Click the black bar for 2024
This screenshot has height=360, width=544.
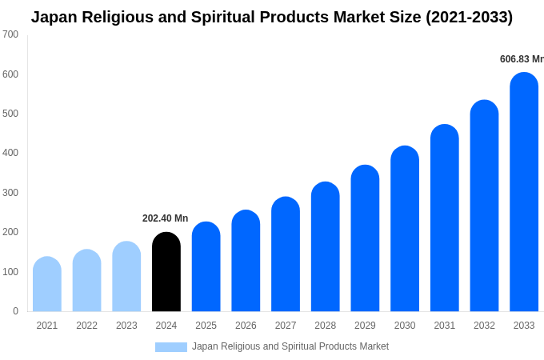[166, 272]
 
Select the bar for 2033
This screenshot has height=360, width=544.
[524, 192]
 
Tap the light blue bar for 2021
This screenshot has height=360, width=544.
[47, 284]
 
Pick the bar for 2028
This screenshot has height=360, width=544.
[326, 246]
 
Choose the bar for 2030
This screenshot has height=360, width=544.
[405, 229]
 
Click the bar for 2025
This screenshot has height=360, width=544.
[206, 266]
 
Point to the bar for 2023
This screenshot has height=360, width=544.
[126, 276]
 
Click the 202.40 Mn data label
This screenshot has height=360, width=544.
[165, 218]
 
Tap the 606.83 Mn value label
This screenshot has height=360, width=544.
[522, 59]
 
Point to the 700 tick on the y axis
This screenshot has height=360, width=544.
[10, 34]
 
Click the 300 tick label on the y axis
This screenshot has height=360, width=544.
[10, 193]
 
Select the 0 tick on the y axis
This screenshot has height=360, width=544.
[15, 311]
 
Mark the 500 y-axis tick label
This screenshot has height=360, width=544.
[10, 114]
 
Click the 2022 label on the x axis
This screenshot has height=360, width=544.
[86, 326]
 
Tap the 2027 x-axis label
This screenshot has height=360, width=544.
[286, 326]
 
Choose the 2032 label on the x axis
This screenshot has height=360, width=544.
[484, 326]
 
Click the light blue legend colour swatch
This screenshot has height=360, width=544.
[170, 347]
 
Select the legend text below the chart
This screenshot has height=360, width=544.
[290, 346]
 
